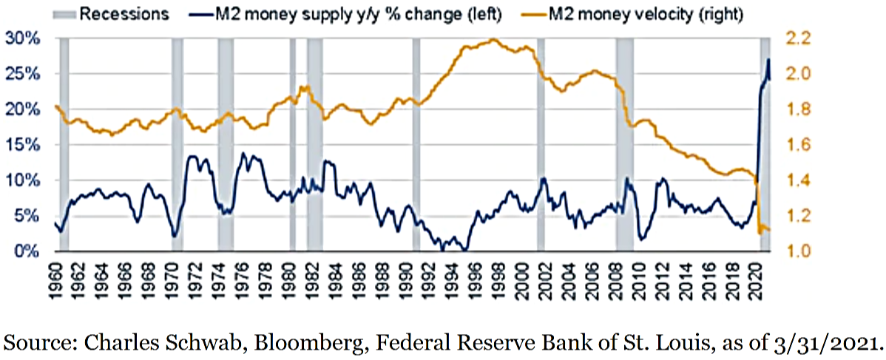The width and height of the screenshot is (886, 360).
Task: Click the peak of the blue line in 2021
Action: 768,59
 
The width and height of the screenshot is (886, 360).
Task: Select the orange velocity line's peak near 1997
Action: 493,40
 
